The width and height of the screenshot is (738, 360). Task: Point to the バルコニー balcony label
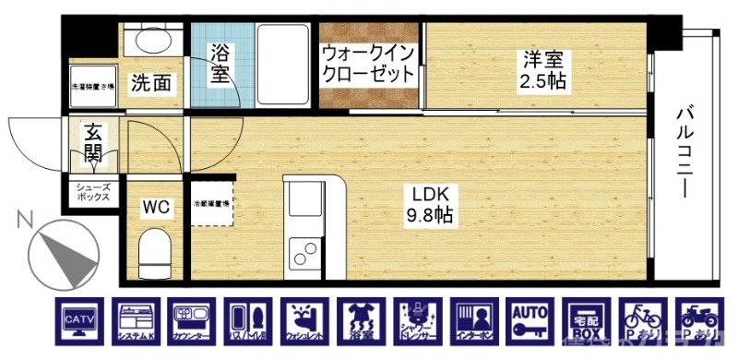click(685, 153)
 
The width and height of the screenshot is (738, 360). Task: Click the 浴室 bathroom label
click(220, 64)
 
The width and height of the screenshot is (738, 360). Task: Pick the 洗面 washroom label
click(150, 83)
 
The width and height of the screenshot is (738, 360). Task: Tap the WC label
click(154, 208)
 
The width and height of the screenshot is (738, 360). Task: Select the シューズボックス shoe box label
click(93, 192)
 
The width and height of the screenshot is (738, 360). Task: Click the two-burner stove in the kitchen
click(303, 250)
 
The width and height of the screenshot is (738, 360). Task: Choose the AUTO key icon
click(530, 324)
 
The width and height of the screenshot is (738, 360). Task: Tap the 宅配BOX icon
click(586, 324)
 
